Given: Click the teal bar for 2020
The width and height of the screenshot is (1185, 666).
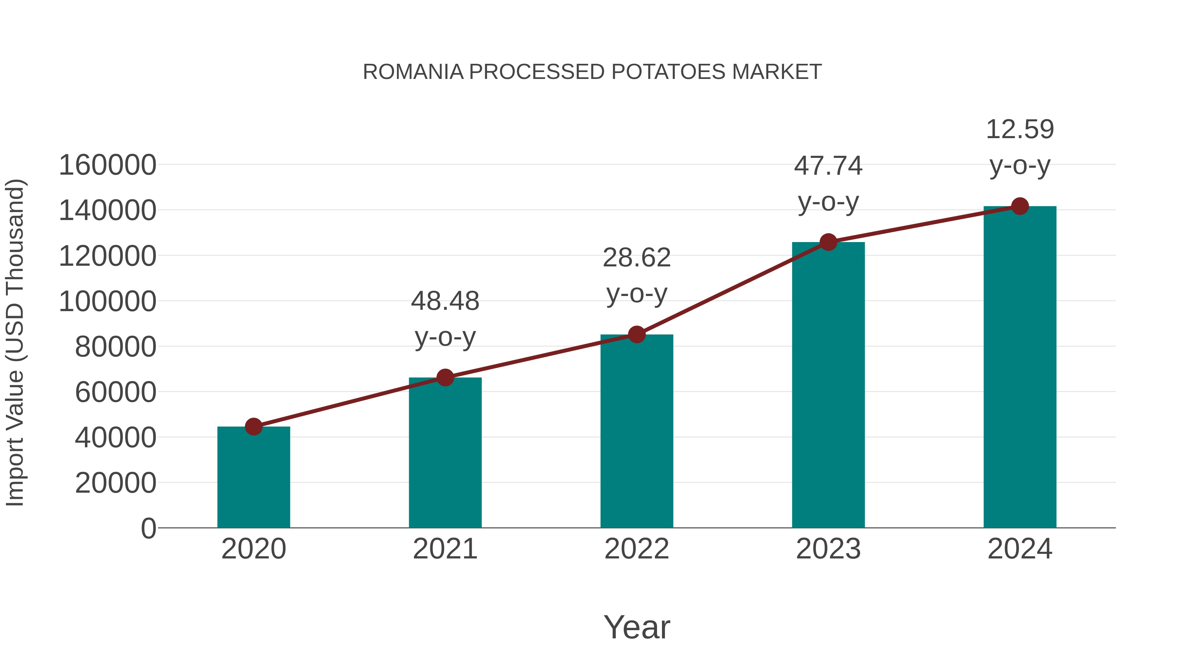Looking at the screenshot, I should point(253,478).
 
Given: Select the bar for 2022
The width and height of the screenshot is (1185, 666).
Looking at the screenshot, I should point(637,432).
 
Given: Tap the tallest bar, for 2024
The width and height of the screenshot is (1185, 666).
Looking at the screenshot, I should point(1020,368).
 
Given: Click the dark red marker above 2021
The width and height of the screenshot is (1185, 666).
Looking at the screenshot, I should point(445,378).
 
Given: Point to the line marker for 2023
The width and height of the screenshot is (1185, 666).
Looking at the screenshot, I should point(828,242).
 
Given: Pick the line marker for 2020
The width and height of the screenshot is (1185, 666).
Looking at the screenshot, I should point(253,427).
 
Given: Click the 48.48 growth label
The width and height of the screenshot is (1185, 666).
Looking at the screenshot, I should point(445,302).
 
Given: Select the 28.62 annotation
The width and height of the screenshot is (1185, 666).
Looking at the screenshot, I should point(637,258).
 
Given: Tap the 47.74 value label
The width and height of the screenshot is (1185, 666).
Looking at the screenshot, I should point(828,166).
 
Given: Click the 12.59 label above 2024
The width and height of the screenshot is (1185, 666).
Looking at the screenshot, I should point(1020,130).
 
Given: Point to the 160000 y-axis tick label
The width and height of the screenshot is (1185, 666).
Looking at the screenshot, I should point(108,165).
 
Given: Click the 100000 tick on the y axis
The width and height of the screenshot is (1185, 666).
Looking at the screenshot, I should point(108,302).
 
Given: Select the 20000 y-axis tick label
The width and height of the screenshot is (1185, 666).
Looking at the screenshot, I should point(116,483).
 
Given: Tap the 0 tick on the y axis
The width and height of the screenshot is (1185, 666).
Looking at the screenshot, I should point(148,528).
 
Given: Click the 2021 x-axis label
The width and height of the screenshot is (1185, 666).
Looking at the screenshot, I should point(445,549).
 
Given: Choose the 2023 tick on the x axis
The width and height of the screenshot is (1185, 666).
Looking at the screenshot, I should point(828,549).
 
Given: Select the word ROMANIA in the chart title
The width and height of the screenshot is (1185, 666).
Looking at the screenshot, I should point(413,72).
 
